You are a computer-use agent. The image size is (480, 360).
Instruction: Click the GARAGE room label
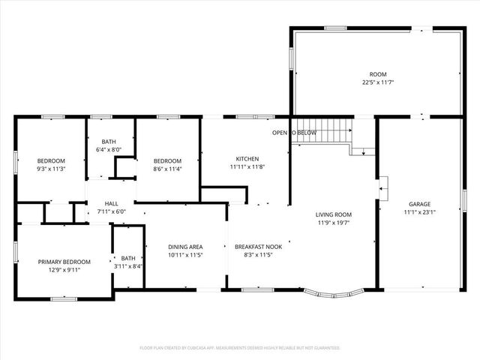(419, 204)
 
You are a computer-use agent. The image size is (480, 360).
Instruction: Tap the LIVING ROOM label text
(333, 214)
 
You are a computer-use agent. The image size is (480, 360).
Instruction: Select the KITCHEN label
(247, 159)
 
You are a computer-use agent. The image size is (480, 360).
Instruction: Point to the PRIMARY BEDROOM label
(64, 262)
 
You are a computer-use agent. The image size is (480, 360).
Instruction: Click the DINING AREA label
(185, 247)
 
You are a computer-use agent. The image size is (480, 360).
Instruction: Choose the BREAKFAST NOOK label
(258, 247)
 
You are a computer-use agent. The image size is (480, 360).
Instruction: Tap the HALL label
(111, 203)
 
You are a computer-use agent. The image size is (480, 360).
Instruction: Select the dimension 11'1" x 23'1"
(419, 212)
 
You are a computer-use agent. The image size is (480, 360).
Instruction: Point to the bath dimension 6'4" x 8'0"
(109, 150)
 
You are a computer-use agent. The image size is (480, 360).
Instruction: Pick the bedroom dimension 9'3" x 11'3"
(52, 169)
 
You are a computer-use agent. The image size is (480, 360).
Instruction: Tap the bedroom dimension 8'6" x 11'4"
(167, 169)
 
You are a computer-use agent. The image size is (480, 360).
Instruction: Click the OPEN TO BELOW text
(294, 133)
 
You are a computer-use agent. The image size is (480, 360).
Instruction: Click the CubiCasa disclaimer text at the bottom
(240, 348)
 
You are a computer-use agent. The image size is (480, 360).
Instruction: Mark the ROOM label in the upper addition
(377, 74)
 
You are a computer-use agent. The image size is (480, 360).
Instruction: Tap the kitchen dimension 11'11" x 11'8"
(247, 167)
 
